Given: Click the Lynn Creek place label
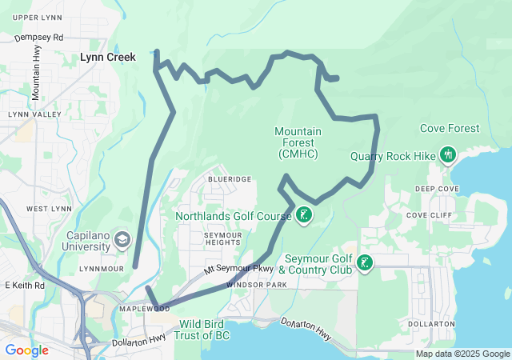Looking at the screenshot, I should pyautogui.click(x=107, y=58).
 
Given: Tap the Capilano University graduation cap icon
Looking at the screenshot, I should pyautogui.click(x=122, y=238).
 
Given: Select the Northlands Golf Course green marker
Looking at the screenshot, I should pyautogui.click(x=303, y=215).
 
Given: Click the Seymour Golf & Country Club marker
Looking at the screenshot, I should pyautogui.click(x=365, y=263).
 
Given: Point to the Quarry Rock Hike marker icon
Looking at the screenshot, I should pyautogui.click(x=447, y=154).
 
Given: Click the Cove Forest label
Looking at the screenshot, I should pyautogui.click(x=450, y=128).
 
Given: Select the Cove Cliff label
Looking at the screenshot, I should pyautogui.click(x=429, y=215).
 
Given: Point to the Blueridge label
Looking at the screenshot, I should pyautogui.click(x=230, y=179).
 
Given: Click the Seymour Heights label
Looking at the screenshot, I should pyautogui.click(x=222, y=238).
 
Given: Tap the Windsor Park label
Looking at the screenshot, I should pyautogui.click(x=256, y=285).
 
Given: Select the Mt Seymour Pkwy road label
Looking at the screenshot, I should pyautogui.click(x=238, y=270).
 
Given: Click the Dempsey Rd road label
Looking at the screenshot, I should pyautogui.click(x=38, y=37).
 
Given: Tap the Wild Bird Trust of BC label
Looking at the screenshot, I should pyautogui.click(x=204, y=329).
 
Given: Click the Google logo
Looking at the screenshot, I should pyautogui.click(x=26, y=350).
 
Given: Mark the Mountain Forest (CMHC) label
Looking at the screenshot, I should pyautogui.click(x=298, y=142).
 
